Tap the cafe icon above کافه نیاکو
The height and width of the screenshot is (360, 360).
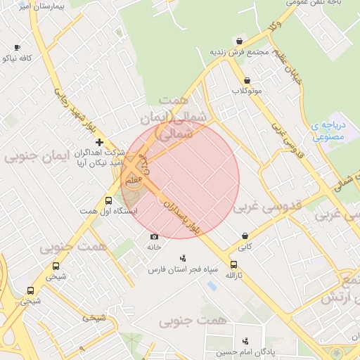pos(17,47)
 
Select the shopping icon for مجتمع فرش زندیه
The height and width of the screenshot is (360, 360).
pos(241,41)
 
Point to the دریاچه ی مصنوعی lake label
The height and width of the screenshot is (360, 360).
pos(328,131)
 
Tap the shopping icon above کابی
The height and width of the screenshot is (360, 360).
pos(244,236)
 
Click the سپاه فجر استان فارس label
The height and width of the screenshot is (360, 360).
pos(184,269)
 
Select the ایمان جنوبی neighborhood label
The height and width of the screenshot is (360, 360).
pos(39,155)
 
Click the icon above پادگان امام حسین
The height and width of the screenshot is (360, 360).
pos(245,340)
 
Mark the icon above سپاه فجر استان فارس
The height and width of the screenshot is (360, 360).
pos(184,258)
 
